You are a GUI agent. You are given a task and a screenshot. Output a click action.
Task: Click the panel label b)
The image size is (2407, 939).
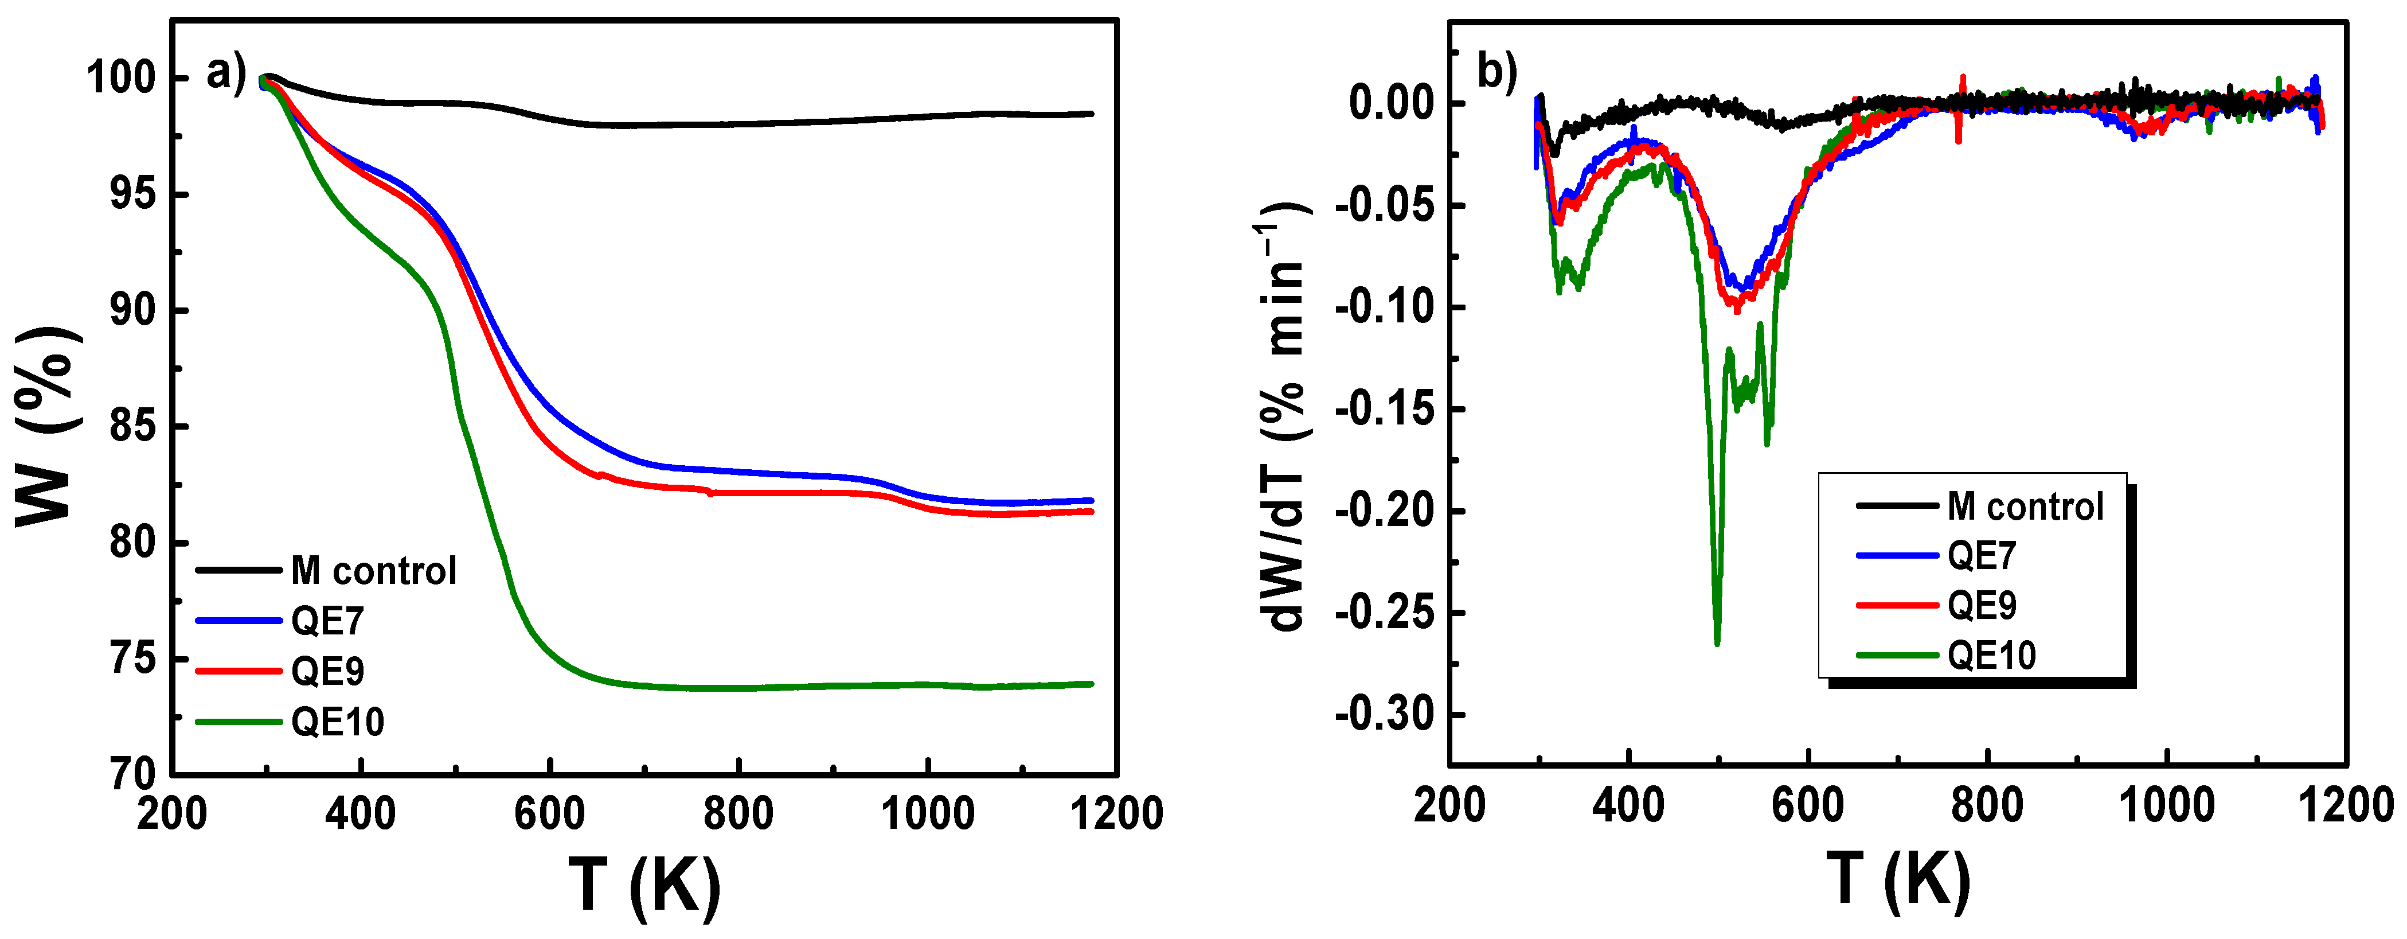point(1496,72)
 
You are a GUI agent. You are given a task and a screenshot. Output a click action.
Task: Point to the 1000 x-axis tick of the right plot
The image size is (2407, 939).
point(2166,805)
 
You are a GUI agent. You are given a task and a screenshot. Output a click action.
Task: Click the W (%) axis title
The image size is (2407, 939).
point(45,426)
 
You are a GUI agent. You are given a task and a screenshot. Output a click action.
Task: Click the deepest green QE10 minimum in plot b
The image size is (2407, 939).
point(1717,643)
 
